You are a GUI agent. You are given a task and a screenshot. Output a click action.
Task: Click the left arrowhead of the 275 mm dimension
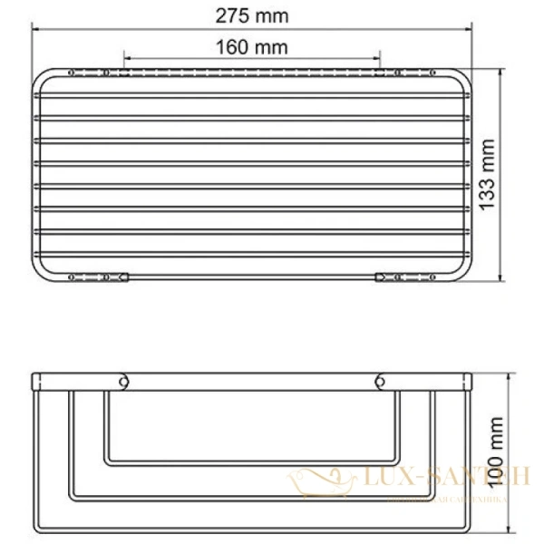click(x=37, y=28)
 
